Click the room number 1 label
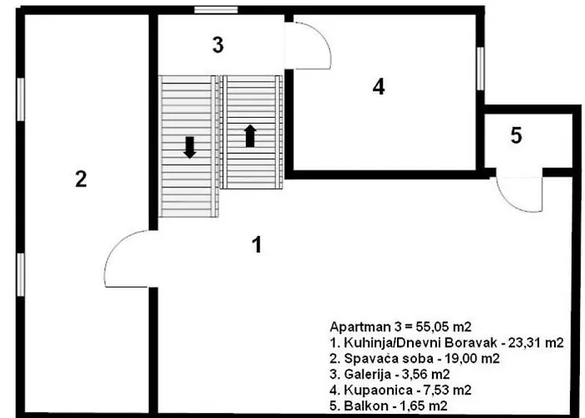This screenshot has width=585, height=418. point(257,245)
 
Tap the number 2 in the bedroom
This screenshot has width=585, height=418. point(81,179)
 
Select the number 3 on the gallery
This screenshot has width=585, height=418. point(218,45)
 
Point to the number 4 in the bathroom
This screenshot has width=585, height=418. point(379,87)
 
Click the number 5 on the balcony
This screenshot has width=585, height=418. point(516,135)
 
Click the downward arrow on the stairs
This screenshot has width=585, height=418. point(190,147)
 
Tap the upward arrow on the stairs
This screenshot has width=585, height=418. point(250,135)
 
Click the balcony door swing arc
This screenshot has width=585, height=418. point(511,204)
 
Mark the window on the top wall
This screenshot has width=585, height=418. point(216,10)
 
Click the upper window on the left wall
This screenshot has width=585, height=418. point(21,99)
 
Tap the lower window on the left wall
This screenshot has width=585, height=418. point(21,275)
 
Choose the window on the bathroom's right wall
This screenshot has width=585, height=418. point(481,69)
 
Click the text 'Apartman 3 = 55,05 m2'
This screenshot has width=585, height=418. point(400,327)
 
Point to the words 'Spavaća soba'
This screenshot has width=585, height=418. point(389,359)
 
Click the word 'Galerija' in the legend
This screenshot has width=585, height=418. point(368,374)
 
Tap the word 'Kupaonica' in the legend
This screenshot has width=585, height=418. point(378,390)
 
